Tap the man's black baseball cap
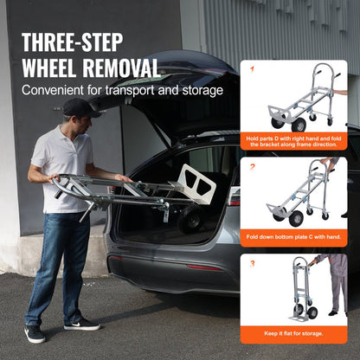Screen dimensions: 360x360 pos(79,107)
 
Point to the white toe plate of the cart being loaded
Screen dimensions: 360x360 pos(196,184)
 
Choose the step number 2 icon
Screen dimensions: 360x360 pos(253,168)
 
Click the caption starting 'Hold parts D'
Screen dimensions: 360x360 pos(293,142)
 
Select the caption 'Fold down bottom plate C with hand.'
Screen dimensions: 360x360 pos(293,236)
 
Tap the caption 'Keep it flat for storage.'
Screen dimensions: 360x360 pos(293,331)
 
